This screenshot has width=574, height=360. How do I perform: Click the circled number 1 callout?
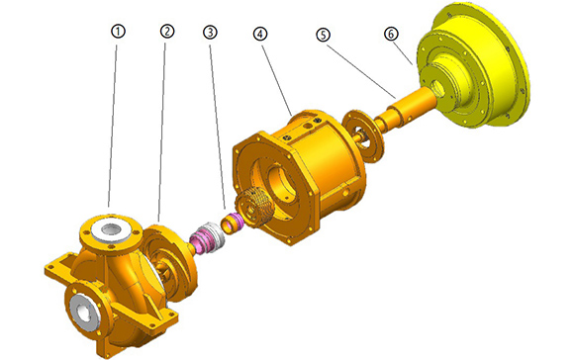[118, 32]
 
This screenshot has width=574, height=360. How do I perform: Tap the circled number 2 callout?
[167, 31]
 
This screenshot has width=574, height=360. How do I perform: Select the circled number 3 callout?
[210, 33]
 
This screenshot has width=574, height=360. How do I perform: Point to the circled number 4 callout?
[260, 34]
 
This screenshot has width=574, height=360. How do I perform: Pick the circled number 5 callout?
[323, 35]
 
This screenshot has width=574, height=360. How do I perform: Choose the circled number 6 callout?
[391, 34]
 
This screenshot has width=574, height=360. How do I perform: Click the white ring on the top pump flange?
[111, 229]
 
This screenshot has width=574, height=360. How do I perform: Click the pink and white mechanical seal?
[207, 237]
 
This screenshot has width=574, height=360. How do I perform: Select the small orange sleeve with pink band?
[232, 223]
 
